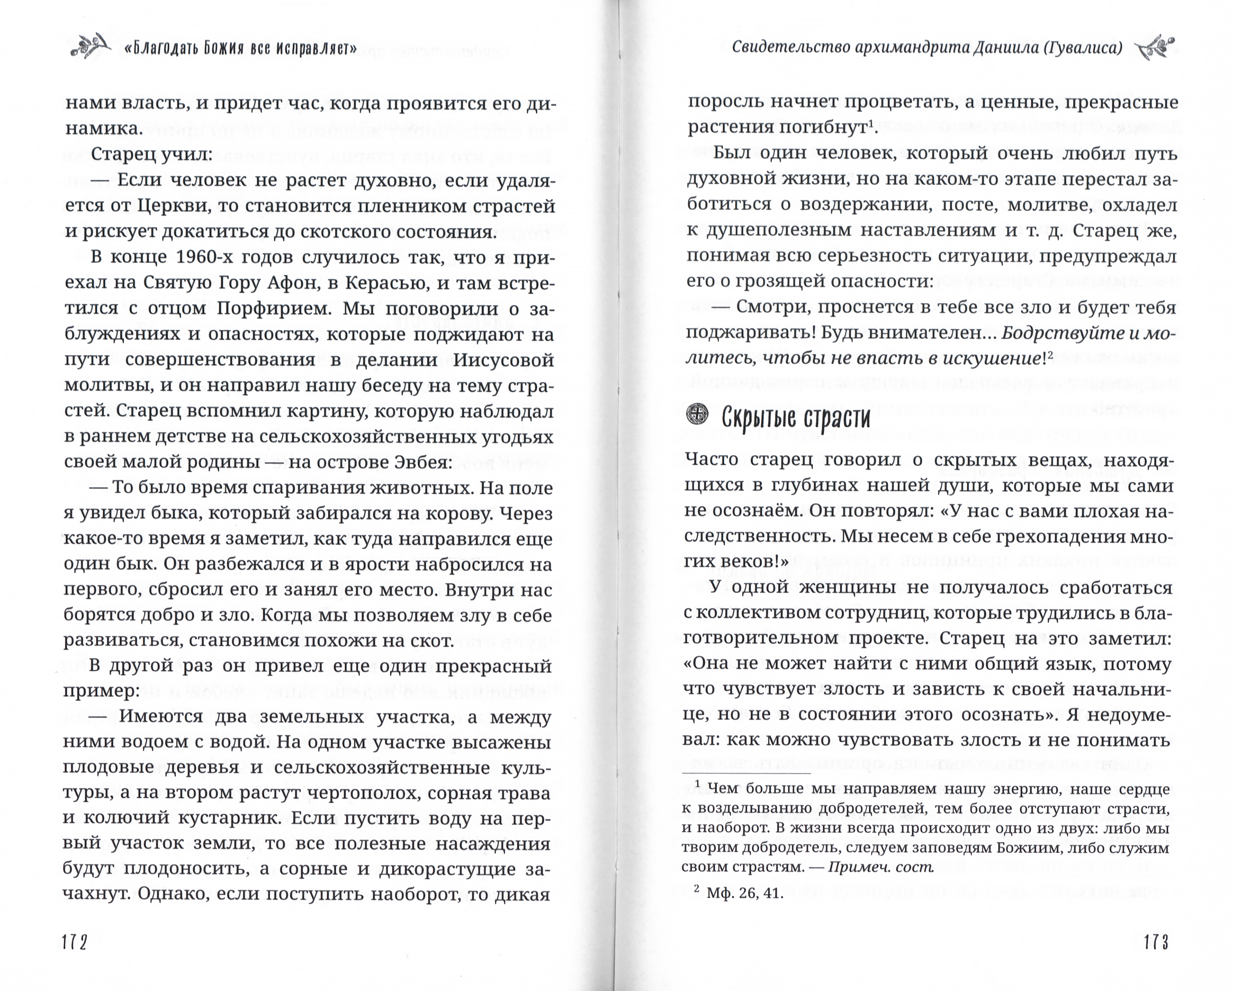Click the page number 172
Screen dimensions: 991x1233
pyautogui.click(x=75, y=942)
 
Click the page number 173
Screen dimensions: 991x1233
pyautogui.click(x=1156, y=942)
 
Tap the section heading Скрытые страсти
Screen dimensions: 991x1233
pyautogui.click(x=795, y=418)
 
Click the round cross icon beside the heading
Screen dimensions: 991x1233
pyautogui.click(x=696, y=415)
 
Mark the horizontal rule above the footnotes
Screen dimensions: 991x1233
pyautogui.click(x=746, y=773)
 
